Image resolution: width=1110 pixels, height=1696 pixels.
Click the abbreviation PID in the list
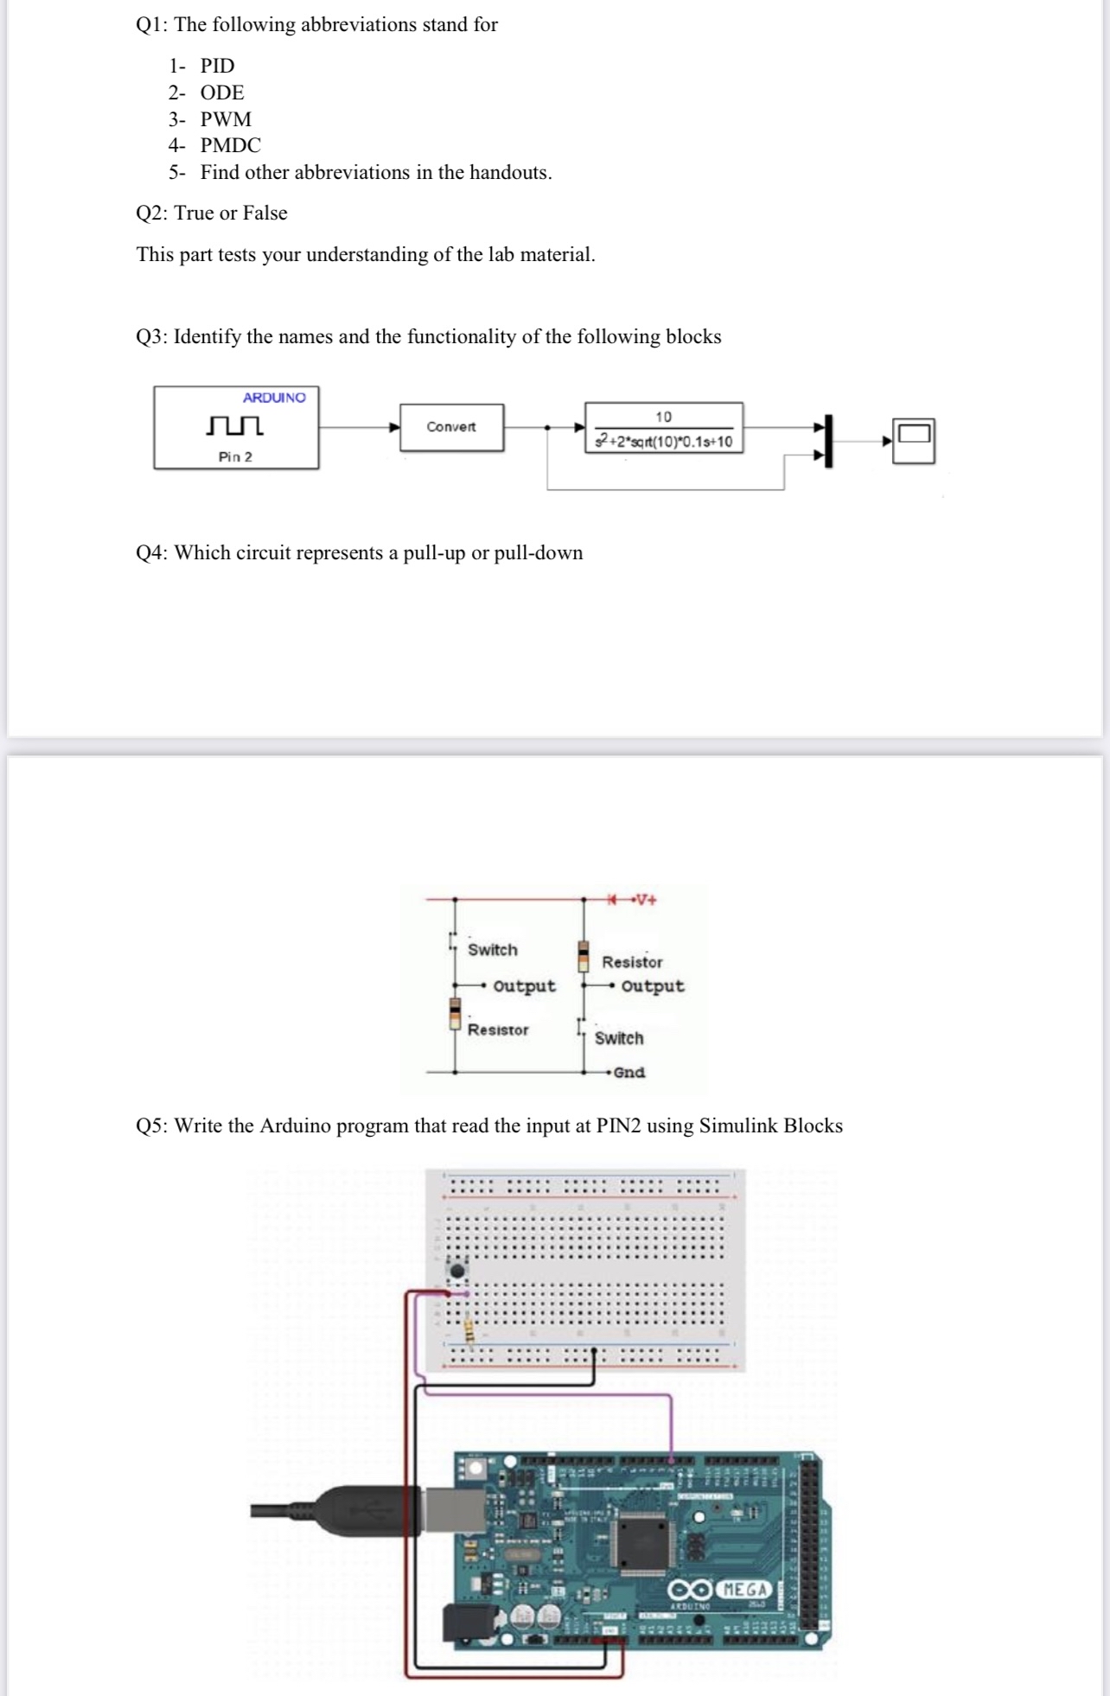pyautogui.click(x=217, y=66)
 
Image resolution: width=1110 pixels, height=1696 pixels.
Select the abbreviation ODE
pyautogui.click(x=222, y=92)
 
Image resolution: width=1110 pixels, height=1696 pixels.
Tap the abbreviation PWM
pyautogui.click(x=226, y=119)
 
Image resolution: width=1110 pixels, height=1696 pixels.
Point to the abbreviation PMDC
pyautogui.click(x=230, y=145)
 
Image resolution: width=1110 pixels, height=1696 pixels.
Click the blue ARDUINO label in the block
pyautogui.click(x=274, y=398)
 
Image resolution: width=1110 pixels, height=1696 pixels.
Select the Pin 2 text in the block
pyautogui.click(x=235, y=456)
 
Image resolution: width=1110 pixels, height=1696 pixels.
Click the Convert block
pyautogui.click(x=451, y=427)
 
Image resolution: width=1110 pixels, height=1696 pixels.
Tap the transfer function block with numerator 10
pyautogui.click(x=663, y=429)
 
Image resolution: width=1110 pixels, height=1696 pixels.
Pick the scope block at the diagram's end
pyautogui.click(x=914, y=441)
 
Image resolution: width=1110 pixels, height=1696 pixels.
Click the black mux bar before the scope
pyautogui.click(x=828, y=441)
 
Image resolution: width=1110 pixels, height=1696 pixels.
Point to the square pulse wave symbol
pyautogui.click(x=235, y=426)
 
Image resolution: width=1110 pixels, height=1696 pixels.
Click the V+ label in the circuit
pyautogui.click(x=645, y=899)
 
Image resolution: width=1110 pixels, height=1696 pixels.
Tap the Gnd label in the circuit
pyautogui.click(x=629, y=1072)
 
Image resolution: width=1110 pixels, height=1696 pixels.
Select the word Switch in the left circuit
pyautogui.click(x=493, y=950)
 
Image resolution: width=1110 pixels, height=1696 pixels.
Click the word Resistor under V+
pyautogui.click(x=632, y=962)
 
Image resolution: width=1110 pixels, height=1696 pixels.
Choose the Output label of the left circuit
pyautogui.click(x=524, y=986)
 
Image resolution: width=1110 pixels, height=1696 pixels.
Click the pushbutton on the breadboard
pyautogui.click(x=458, y=1270)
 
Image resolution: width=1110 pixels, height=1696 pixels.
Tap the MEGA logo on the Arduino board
pyautogui.click(x=744, y=1590)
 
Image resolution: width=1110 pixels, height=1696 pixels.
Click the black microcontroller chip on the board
pyautogui.click(x=639, y=1543)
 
